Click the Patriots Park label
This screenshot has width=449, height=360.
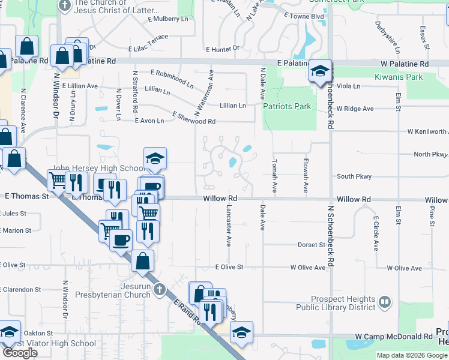point(287,106)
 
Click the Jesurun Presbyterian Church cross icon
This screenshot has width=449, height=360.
point(159,290)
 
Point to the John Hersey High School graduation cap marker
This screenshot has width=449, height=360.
point(155,159)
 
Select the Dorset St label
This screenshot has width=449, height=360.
point(312,245)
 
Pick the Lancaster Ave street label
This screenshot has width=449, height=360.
point(228,226)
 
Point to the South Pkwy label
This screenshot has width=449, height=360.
point(354,176)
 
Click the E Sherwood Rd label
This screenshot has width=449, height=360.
point(193,118)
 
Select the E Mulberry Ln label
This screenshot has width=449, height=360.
point(163,19)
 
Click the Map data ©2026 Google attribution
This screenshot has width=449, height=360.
point(411,355)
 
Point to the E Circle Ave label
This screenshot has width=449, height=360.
point(376,233)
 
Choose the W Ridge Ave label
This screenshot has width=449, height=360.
point(355,109)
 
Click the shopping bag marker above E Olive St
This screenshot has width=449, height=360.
point(143,261)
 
